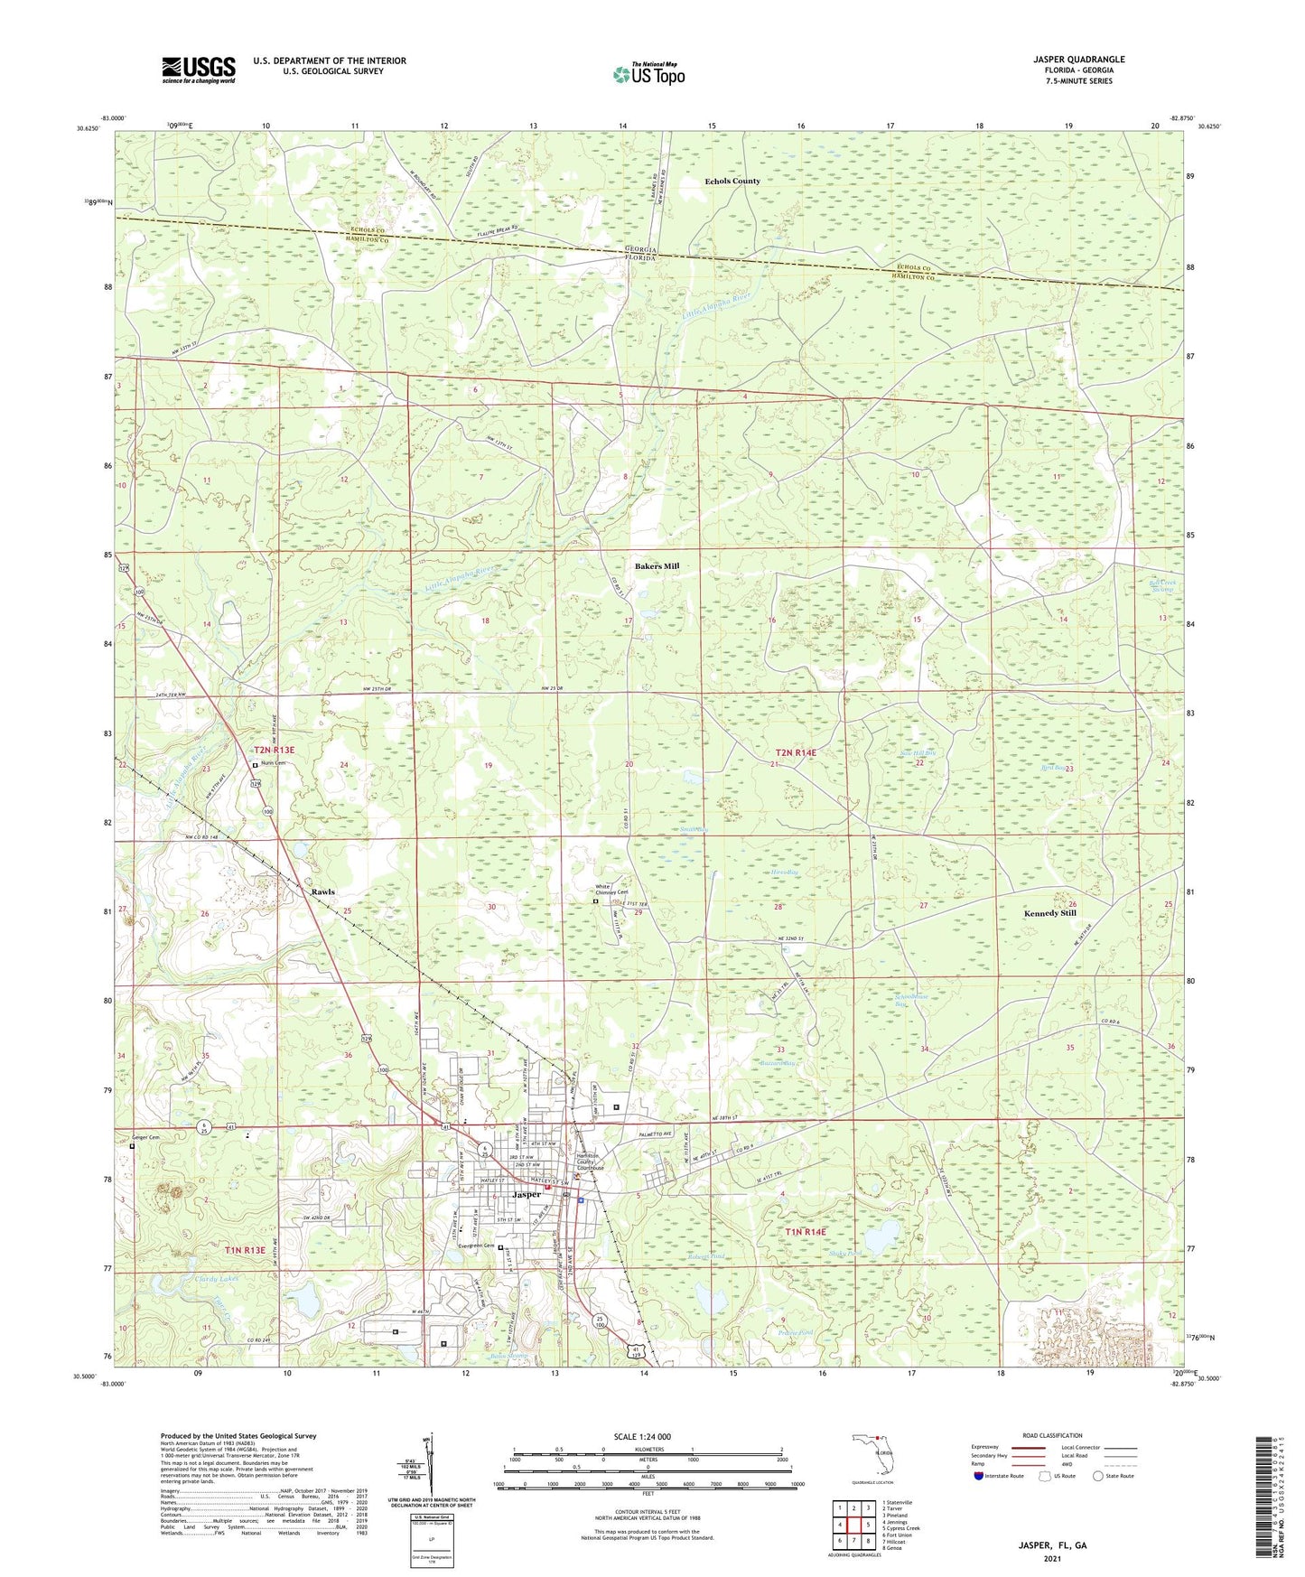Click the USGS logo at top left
click(199, 70)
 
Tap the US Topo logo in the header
click(648, 74)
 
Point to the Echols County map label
click(732, 182)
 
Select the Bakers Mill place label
click(657, 566)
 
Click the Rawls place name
click(322, 891)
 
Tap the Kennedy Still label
click(1049, 914)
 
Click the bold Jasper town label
click(527, 1194)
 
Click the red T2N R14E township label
click(800, 752)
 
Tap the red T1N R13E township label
click(244, 1250)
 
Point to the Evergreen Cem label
click(476, 1246)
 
